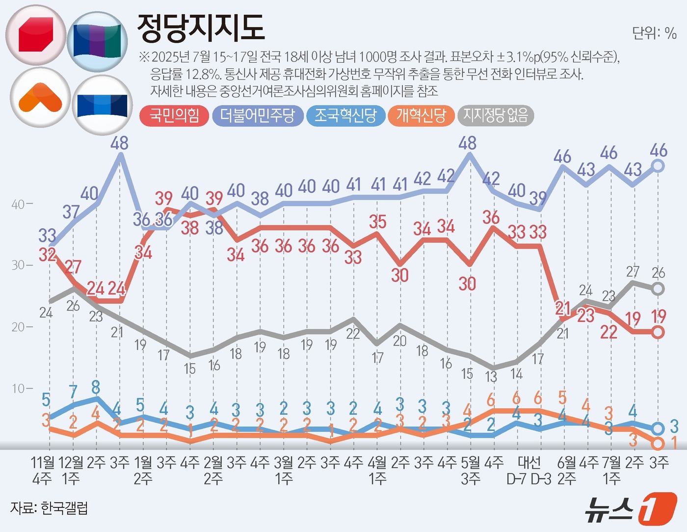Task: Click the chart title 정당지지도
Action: [201, 27]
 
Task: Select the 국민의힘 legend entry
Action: [175, 116]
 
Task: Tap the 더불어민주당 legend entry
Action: [258, 116]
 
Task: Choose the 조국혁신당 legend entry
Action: [345, 116]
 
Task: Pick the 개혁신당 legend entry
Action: [421, 116]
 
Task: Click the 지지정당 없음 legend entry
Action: [496, 116]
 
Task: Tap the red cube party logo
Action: [36, 35]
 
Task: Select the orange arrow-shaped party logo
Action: [40, 98]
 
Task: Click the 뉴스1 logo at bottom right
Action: [630, 509]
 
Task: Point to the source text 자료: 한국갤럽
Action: [49, 508]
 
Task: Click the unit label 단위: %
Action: [654, 33]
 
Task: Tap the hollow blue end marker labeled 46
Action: [658, 166]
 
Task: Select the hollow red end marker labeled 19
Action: [658, 332]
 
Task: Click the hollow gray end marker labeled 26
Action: [658, 289]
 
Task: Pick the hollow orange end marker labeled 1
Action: [658, 444]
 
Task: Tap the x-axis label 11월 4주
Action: [43, 470]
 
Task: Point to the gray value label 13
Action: [491, 377]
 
